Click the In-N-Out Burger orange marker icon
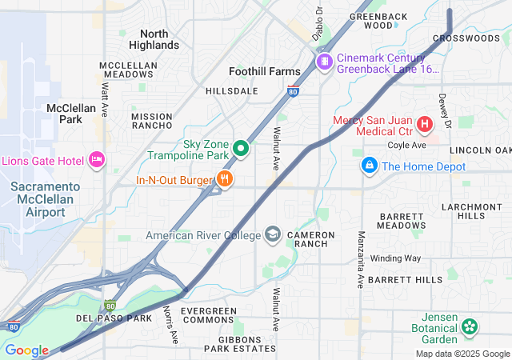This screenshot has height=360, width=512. tap(226, 180)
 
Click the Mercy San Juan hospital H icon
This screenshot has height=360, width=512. tap(424, 125)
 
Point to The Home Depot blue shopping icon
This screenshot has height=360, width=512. tap(369, 166)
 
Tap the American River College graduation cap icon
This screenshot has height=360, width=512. tap(274, 234)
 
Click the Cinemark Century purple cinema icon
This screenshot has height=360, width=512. tap(324, 62)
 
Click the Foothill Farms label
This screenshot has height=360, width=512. tap(264, 71)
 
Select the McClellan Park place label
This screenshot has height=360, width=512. tap(71, 114)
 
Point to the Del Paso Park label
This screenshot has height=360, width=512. tap(114, 318)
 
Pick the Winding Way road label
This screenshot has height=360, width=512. tap(394, 258)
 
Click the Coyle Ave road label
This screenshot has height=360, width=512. tap(406, 146)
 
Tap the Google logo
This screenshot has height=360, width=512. tap(26, 350)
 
